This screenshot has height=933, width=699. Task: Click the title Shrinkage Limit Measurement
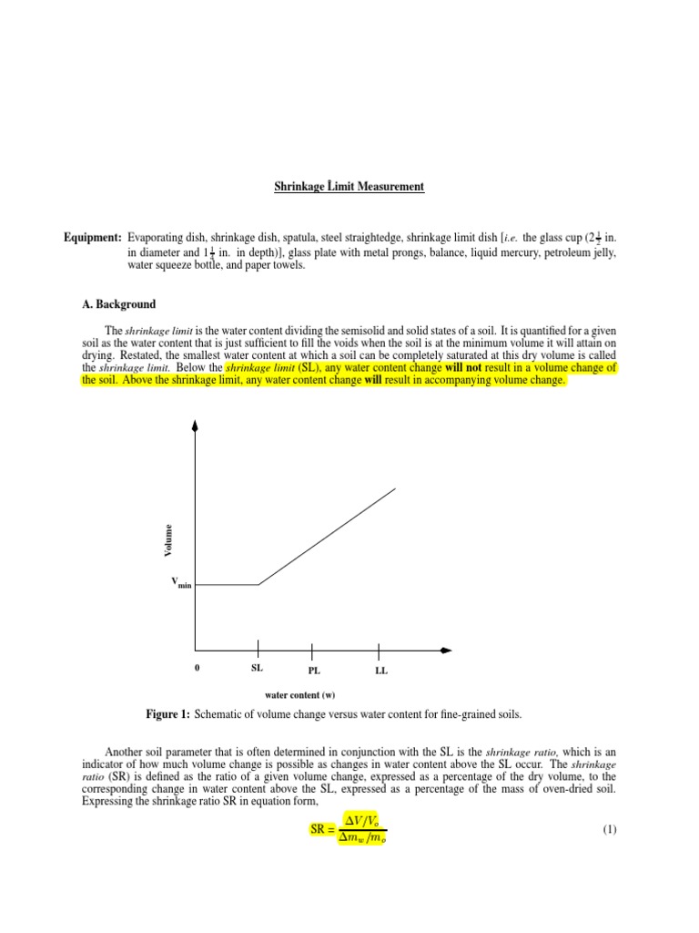click(x=349, y=187)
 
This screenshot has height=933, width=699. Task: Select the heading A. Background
click(x=118, y=304)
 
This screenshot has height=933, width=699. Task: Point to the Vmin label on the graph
click(x=179, y=584)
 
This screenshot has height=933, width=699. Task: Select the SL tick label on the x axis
click(x=257, y=669)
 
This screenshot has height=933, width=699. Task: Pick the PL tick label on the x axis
click(x=313, y=671)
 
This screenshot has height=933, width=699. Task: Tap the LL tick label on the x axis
click(x=380, y=671)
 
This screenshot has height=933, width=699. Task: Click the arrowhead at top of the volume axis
click(x=196, y=423)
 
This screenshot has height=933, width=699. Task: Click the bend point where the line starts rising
click(x=258, y=584)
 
